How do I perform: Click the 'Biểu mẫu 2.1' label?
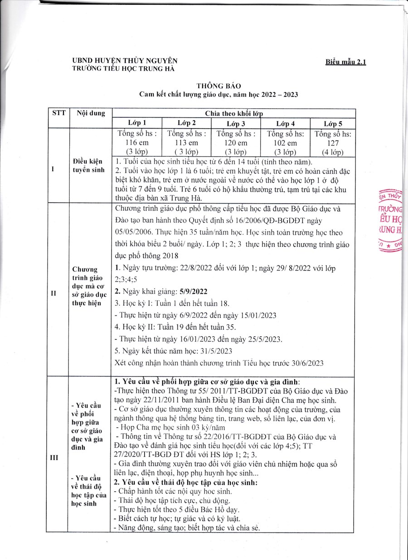tap(345, 62)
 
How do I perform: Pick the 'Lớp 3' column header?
tap(236, 124)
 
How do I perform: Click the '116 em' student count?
tap(137, 143)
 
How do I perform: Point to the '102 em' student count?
tap(285, 143)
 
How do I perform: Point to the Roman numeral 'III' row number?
tap(54, 457)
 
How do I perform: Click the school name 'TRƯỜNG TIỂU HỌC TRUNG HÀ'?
tap(123, 69)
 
